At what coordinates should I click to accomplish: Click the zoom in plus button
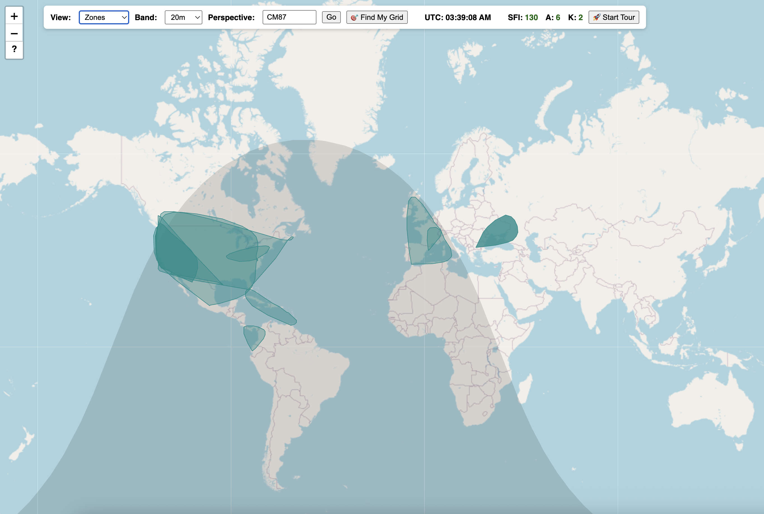pyautogui.click(x=14, y=16)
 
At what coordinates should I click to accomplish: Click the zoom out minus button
pyautogui.click(x=14, y=33)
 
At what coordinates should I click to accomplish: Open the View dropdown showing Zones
pyautogui.click(x=104, y=17)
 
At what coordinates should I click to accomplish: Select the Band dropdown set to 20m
pyautogui.click(x=183, y=17)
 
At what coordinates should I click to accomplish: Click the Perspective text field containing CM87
pyautogui.click(x=289, y=17)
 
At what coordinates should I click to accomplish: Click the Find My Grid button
pyautogui.click(x=377, y=17)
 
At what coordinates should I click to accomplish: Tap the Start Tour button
pyautogui.click(x=613, y=17)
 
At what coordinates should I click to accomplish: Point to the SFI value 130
pyautogui.click(x=531, y=17)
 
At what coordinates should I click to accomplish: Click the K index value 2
pyautogui.click(x=580, y=17)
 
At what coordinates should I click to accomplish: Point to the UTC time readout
pyautogui.click(x=457, y=17)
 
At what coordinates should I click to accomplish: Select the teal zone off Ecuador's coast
pyautogui.click(x=253, y=336)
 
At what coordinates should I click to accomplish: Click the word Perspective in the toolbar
pyautogui.click(x=231, y=17)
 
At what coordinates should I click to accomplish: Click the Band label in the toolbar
pyautogui.click(x=146, y=17)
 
